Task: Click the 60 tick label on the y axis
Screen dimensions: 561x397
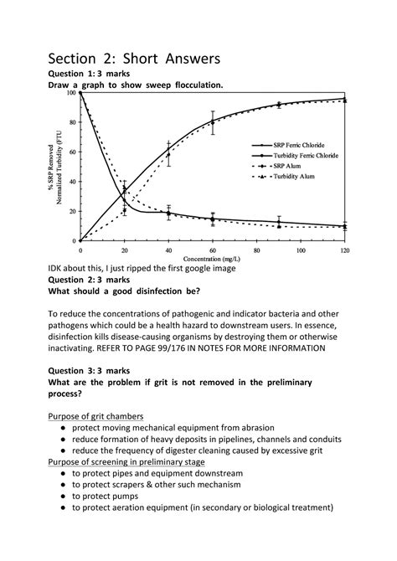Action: pyautogui.click(x=71, y=152)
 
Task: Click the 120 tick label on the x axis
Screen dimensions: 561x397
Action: pyautogui.click(x=345, y=250)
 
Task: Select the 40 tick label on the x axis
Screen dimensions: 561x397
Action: pyautogui.click(x=168, y=250)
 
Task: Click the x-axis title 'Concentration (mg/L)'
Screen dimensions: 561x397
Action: pyautogui.click(x=209, y=258)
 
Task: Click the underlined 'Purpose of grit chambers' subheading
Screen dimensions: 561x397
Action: pyautogui.click(x=95, y=416)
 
